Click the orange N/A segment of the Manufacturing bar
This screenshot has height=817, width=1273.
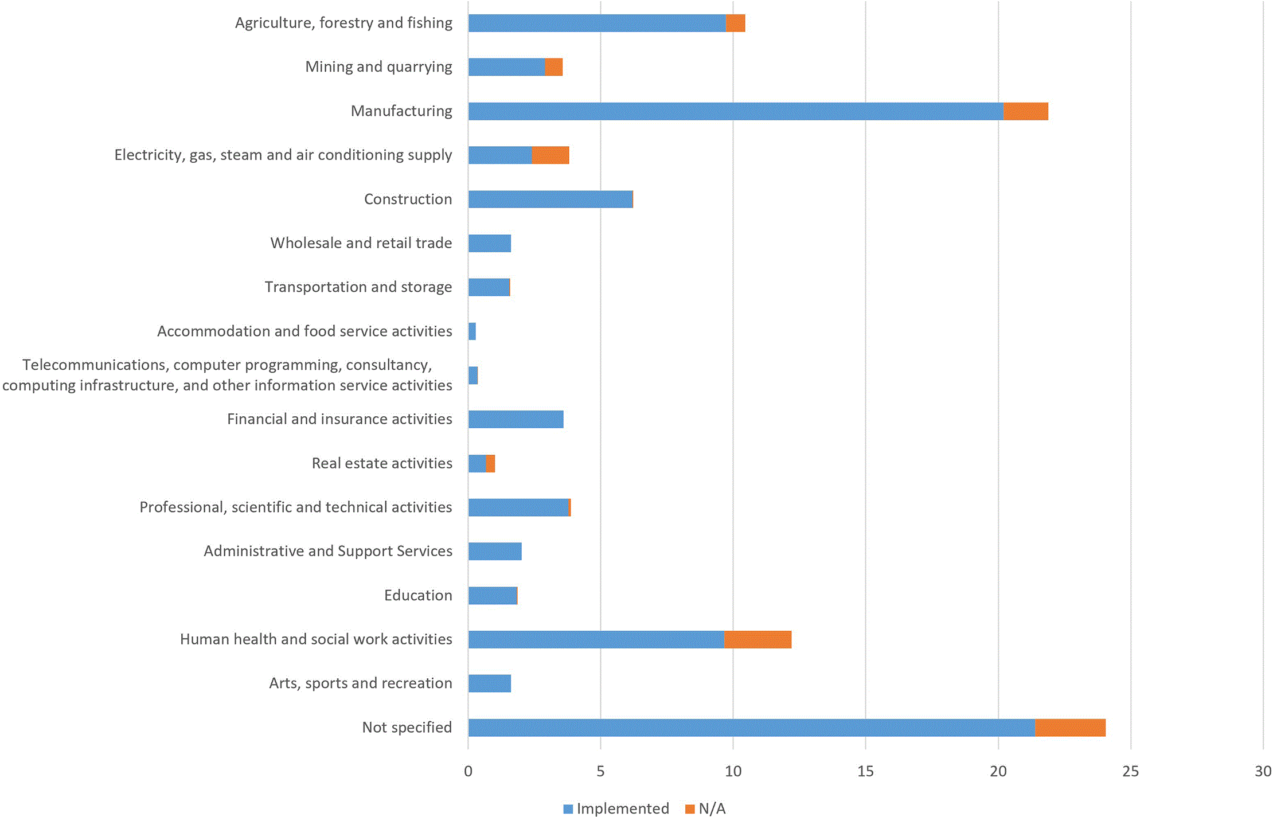[x=1025, y=111]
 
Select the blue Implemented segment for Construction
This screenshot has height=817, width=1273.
[x=550, y=200]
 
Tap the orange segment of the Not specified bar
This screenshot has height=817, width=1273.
[x=1070, y=728]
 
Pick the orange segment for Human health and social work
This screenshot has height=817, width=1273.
[x=757, y=639]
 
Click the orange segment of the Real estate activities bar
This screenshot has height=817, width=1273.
[x=490, y=463]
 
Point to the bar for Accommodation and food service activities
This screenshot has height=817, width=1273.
[x=472, y=331]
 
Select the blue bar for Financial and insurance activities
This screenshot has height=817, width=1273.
[x=516, y=419]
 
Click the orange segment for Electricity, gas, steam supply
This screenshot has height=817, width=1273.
[x=550, y=155]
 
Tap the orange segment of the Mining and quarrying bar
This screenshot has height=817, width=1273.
[x=553, y=67]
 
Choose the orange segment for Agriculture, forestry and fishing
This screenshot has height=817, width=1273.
[x=735, y=23]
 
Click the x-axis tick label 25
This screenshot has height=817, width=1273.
[x=1131, y=771]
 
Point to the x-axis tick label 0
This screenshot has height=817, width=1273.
[x=468, y=771]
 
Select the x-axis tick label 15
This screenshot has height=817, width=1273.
[x=866, y=771]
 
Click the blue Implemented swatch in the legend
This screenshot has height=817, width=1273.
[x=568, y=809]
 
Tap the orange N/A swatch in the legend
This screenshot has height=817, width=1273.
[x=690, y=809]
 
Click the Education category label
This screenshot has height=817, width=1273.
[x=418, y=595]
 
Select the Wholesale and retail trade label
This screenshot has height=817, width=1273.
[x=361, y=243]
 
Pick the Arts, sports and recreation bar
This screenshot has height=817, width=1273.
[x=490, y=683]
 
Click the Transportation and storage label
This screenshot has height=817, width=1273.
[x=358, y=287]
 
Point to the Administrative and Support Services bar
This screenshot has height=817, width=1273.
[x=495, y=552]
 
